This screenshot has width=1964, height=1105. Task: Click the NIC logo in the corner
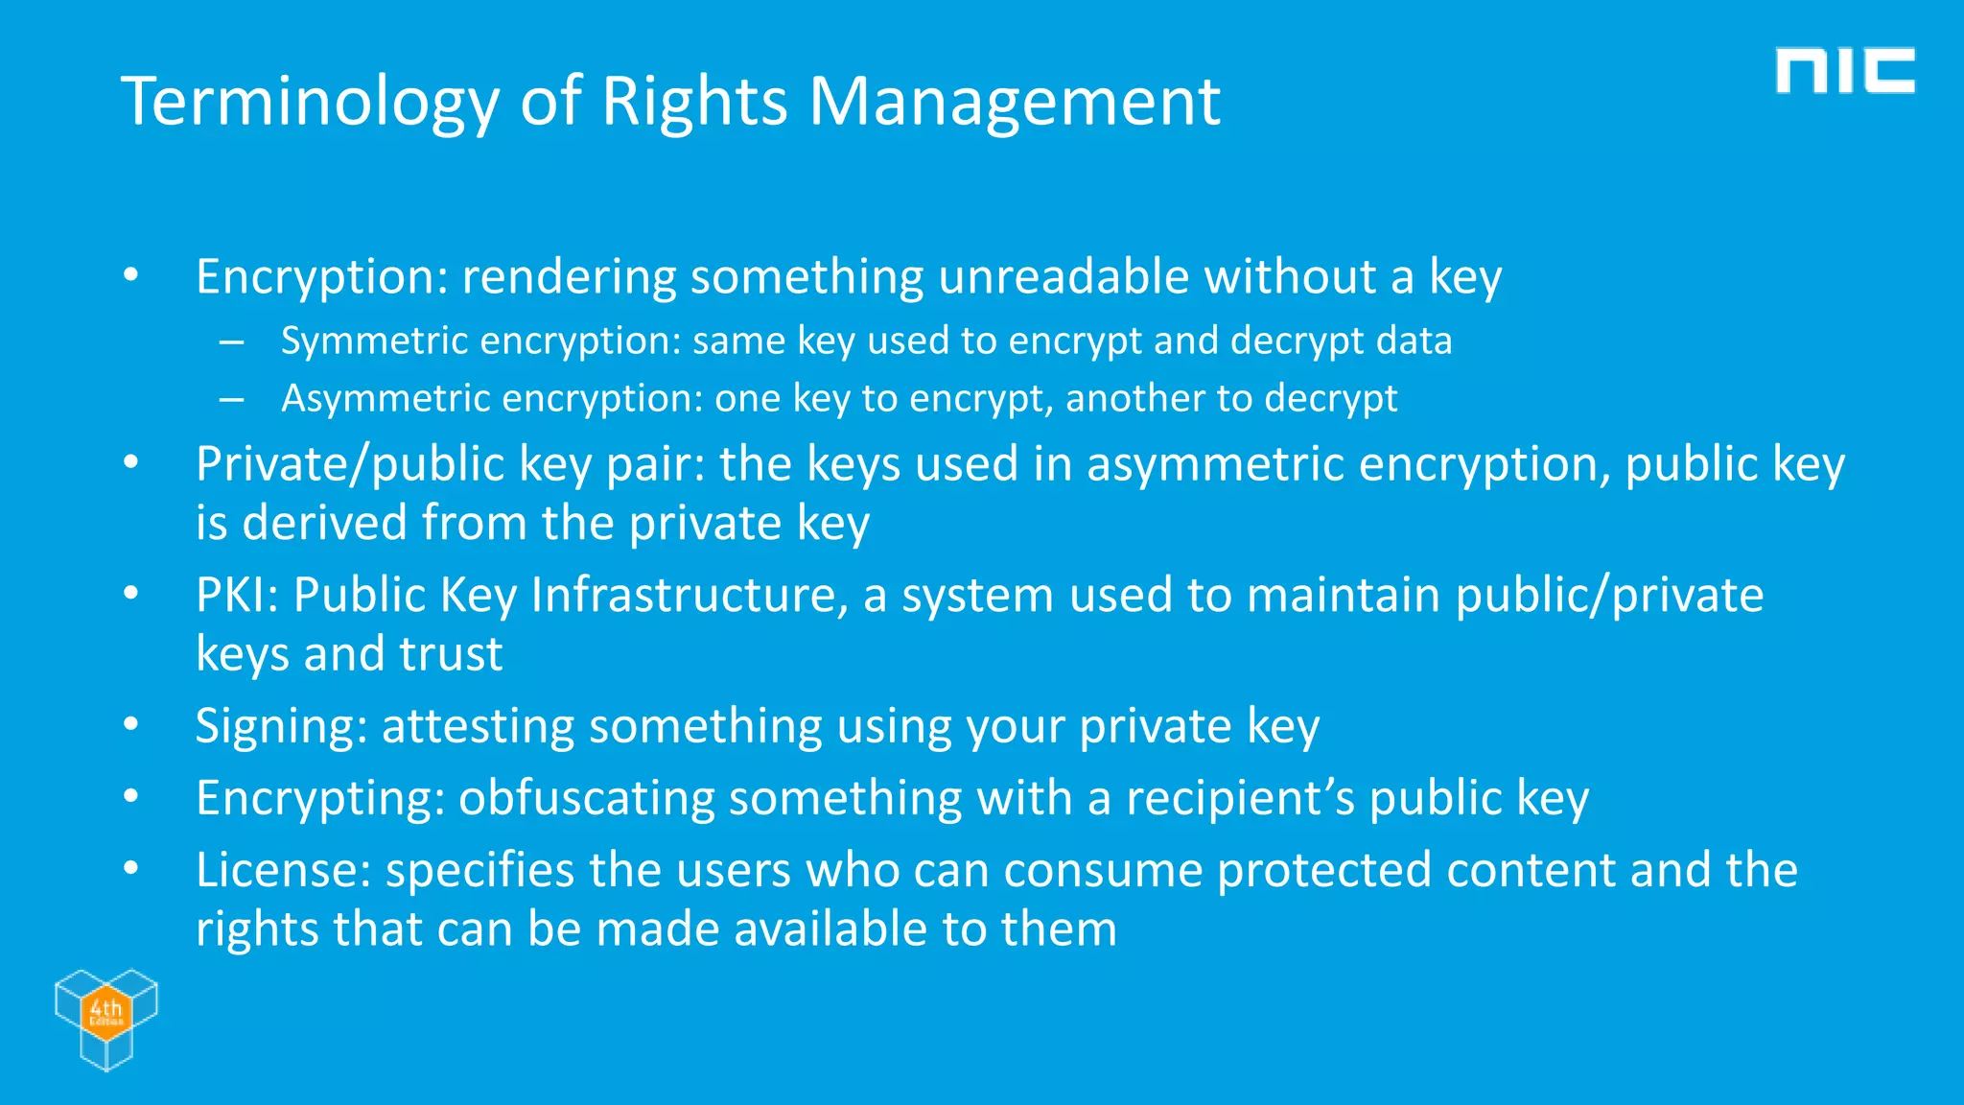tap(1844, 71)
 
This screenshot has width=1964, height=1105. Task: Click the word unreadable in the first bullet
tap(1064, 277)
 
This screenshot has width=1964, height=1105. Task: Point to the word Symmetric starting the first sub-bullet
tap(374, 341)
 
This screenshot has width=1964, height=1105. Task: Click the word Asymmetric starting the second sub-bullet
tap(385, 398)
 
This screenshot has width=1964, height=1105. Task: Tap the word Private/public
tap(350, 465)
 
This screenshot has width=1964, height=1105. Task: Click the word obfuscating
tap(586, 799)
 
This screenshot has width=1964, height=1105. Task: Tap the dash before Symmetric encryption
tap(230, 341)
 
